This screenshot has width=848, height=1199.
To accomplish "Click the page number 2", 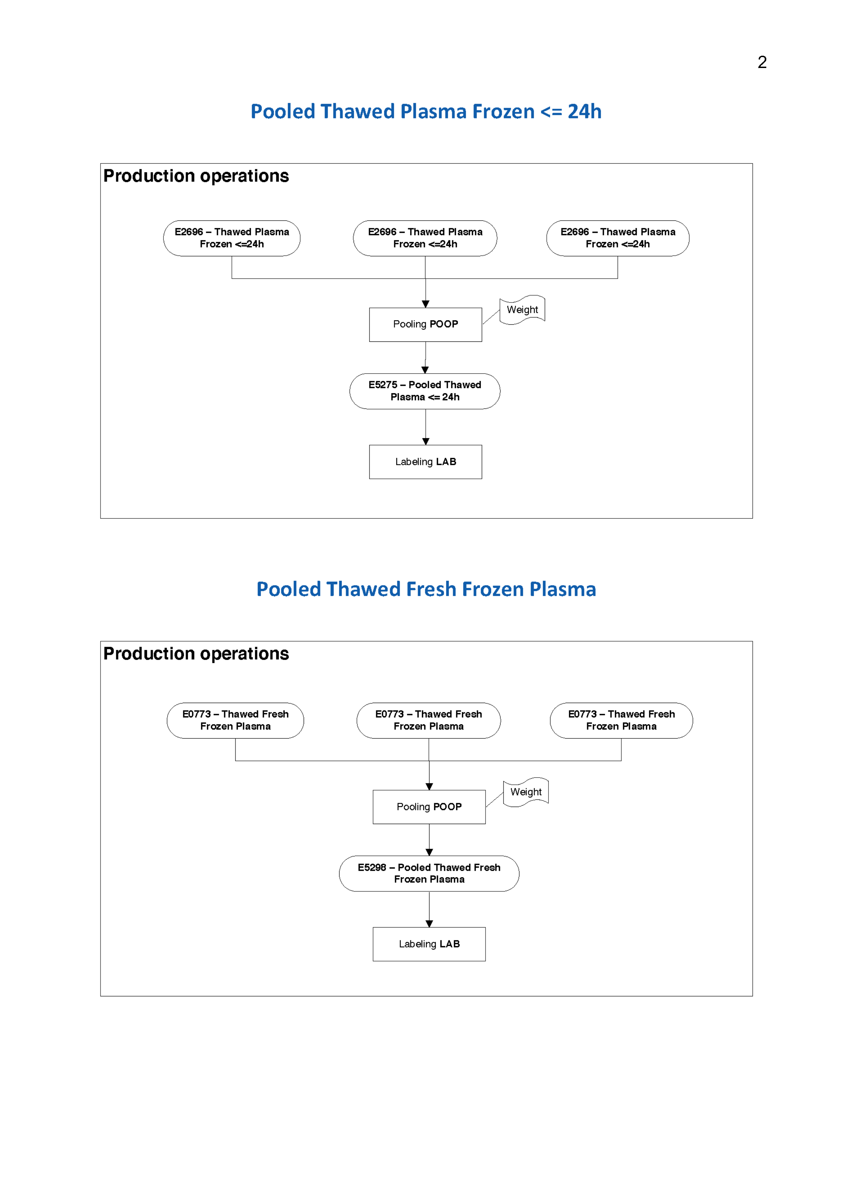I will tap(762, 63).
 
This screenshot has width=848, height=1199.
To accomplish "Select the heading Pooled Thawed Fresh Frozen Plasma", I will tap(426, 589).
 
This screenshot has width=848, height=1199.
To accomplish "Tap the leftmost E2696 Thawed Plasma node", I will tap(231, 238).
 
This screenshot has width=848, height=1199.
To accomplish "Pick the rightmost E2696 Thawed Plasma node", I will tap(618, 238).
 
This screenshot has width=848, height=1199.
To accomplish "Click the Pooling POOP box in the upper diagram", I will tap(425, 324).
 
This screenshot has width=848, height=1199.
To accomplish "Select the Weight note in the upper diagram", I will tap(522, 310).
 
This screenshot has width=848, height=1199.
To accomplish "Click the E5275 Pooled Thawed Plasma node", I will tap(425, 391).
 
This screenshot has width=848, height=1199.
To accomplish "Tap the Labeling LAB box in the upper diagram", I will tap(425, 462).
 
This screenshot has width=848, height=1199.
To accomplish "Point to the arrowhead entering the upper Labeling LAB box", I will tap(426, 441).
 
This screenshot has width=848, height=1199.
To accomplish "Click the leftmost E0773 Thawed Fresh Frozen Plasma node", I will tap(235, 720).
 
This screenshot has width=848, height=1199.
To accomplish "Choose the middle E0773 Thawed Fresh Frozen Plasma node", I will tap(428, 720).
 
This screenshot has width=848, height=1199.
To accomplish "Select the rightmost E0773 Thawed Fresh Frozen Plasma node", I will tap(621, 720).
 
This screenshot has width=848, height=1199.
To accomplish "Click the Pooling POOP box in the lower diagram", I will tap(429, 807).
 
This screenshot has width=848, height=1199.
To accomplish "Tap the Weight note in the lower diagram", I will tap(526, 792).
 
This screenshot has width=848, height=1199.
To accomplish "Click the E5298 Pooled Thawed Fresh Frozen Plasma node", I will tap(429, 873).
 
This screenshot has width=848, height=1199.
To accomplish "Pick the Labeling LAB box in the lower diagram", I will tap(429, 944).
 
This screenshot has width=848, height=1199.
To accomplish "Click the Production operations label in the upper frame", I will tap(196, 176).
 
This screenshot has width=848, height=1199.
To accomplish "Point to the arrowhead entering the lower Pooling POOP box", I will tap(429, 786).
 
